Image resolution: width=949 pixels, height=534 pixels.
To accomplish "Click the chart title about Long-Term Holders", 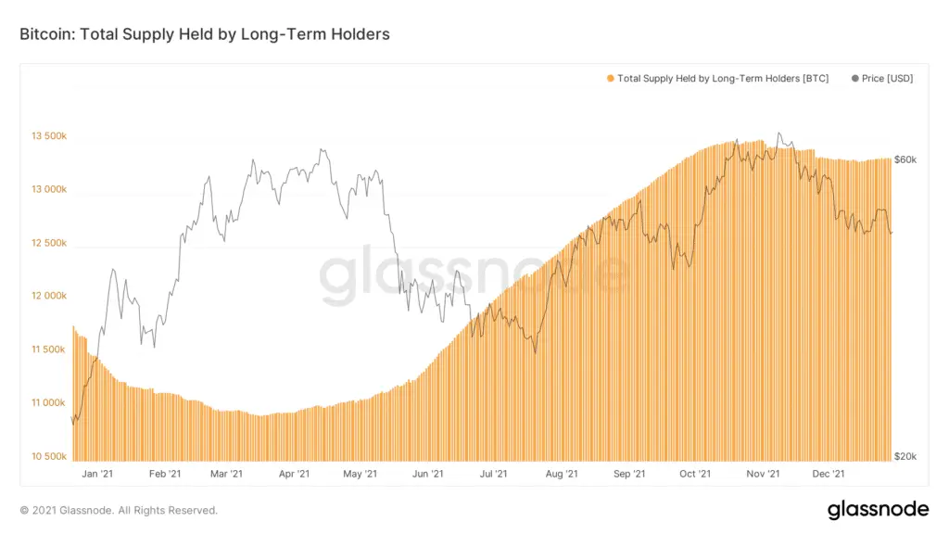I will pyautogui.click(x=205, y=34).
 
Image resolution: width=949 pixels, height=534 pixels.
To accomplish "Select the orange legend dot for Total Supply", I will pyautogui.click(x=610, y=79).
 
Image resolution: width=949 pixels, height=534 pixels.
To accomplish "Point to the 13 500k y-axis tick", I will pyautogui.click(x=48, y=136).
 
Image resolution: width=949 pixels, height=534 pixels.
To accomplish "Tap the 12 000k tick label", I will pyautogui.click(x=48, y=297).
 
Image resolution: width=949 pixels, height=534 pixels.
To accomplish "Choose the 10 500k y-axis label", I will pyautogui.click(x=48, y=457).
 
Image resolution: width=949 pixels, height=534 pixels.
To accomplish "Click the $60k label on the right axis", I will pyautogui.click(x=905, y=159).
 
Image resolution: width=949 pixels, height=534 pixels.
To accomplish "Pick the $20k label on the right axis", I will pyautogui.click(x=905, y=457).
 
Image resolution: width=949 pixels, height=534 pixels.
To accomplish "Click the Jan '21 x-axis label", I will pyautogui.click(x=98, y=474).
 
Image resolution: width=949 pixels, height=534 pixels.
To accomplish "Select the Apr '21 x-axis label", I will pyautogui.click(x=293, y=474).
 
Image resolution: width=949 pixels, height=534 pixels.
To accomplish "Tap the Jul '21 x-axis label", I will pyautogui.click(x=493, y=474).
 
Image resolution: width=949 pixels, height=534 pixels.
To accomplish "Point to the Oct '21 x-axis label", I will pyautogui.click(x=694, y=474).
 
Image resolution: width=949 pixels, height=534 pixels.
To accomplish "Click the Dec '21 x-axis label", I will pyautogui.click(x=828, y=474).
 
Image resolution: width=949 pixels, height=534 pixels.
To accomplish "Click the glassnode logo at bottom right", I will pyautogui.click(x=878, y=510).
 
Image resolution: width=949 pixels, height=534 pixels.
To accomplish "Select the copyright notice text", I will pyautogui.click(x=119, y=510).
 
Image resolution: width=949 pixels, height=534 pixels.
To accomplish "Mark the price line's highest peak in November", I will pyautogui.click(x=778, y=133).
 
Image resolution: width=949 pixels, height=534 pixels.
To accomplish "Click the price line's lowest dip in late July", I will pyautogui.click(x=536, y=352).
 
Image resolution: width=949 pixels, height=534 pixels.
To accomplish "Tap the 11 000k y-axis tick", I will pyautogui.click(x=48, y=403).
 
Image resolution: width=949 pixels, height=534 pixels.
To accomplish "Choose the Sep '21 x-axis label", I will pyautogui.click(x=628, y=474).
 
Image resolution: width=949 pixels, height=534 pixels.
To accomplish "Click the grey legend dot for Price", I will pyautogui.click(x=854, y=79).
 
